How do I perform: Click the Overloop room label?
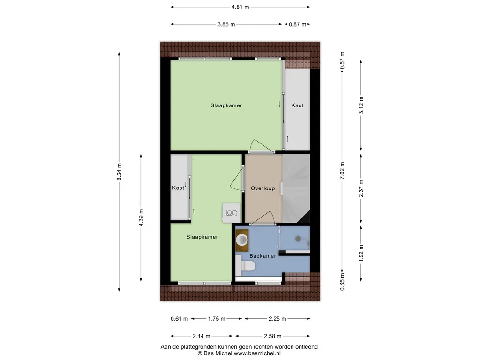262,188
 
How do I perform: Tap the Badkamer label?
262,256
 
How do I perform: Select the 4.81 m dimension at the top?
240,7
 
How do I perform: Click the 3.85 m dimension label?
226,24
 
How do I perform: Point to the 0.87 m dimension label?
298,24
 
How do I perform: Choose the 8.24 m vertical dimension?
119,172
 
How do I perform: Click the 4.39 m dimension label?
141,217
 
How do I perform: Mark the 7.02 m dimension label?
342,171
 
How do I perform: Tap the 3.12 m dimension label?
361,105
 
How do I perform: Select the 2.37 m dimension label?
361,188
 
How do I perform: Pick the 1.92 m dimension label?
361,253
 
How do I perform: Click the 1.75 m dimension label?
217,319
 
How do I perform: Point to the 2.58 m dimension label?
273,336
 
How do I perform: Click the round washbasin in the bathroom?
242,240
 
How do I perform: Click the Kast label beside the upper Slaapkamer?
297,105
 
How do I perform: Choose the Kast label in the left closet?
178,187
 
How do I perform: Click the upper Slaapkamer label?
226,105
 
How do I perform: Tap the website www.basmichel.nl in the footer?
257,353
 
